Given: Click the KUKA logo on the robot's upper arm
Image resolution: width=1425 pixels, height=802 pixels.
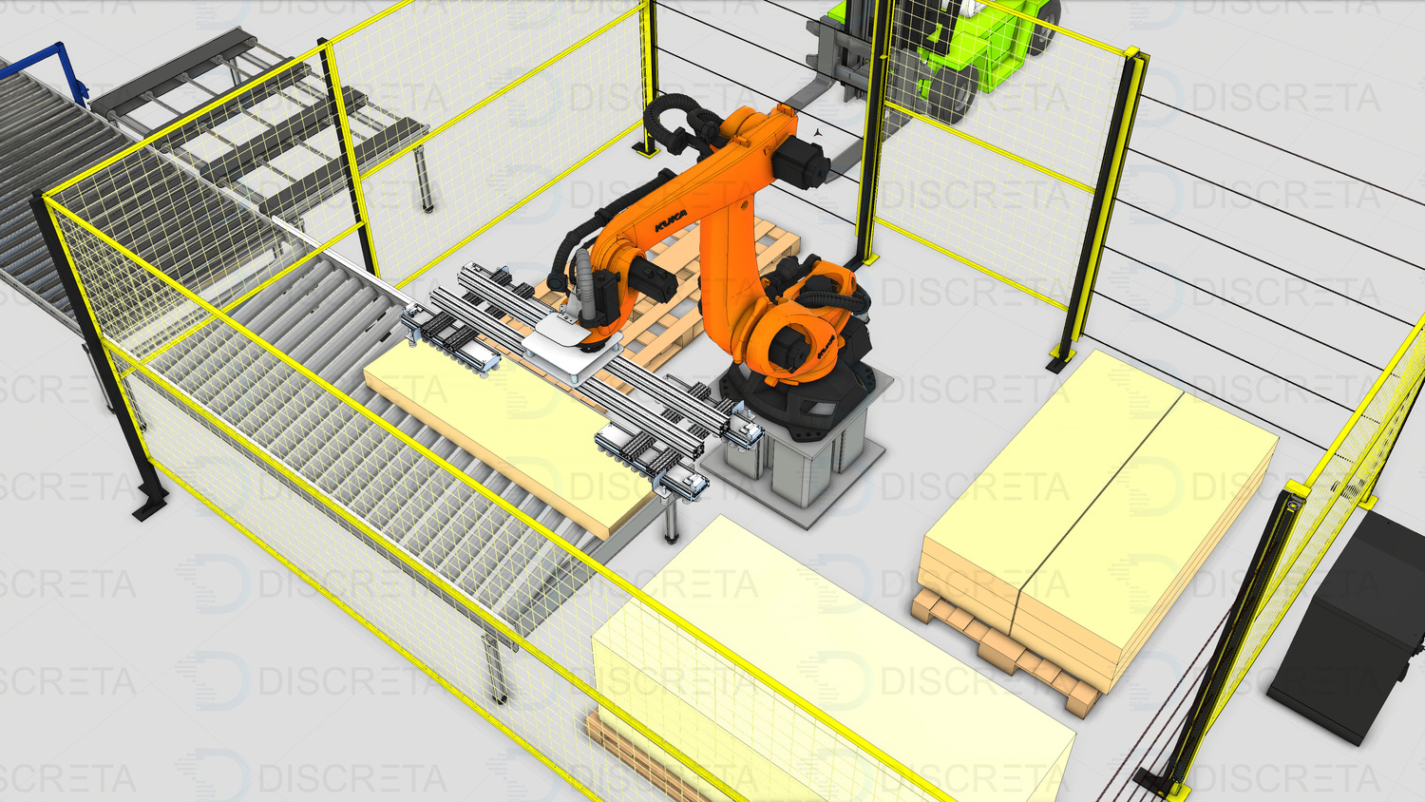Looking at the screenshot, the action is (671, 221).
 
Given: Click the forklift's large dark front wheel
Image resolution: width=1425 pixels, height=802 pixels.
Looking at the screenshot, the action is (952, 91).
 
